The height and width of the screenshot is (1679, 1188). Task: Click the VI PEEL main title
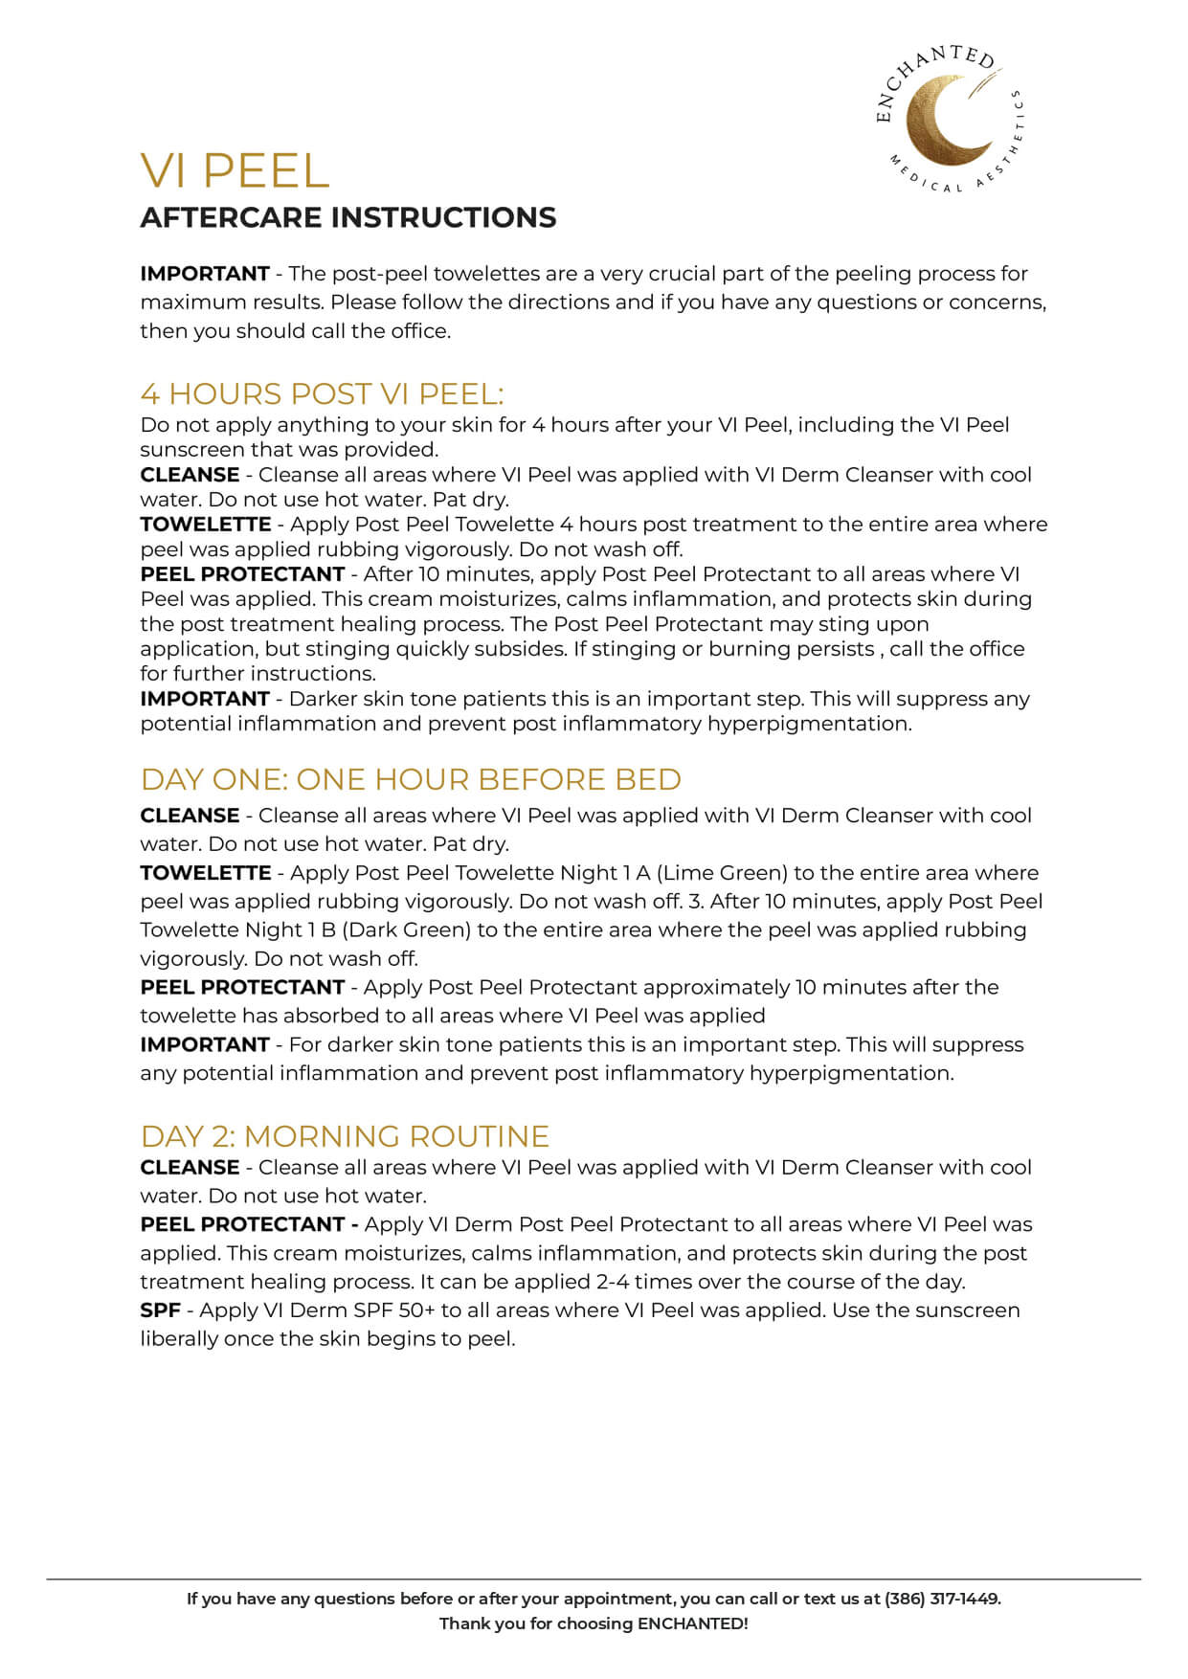coord(235,171)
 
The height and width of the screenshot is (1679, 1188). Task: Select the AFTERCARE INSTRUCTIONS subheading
coord(347,218)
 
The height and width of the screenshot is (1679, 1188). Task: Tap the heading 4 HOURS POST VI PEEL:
coord(322,393)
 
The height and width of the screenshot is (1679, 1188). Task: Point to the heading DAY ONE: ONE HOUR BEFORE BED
coord(411,779)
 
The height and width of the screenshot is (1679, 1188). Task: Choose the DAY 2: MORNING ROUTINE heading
coord(345,1136)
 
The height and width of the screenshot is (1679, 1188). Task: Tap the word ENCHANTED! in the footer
coord(692,1623)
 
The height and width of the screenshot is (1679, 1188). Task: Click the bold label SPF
coord(160,1310)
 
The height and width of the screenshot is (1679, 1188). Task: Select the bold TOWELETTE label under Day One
coord(205,873)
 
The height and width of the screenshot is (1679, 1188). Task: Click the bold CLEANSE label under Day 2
coord(190,1168)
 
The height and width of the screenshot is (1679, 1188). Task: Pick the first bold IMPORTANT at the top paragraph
coord(205,274)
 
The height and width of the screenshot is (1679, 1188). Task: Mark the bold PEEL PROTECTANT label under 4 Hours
coord(242,574)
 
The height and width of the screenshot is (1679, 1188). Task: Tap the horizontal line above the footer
coord(594,1578)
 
